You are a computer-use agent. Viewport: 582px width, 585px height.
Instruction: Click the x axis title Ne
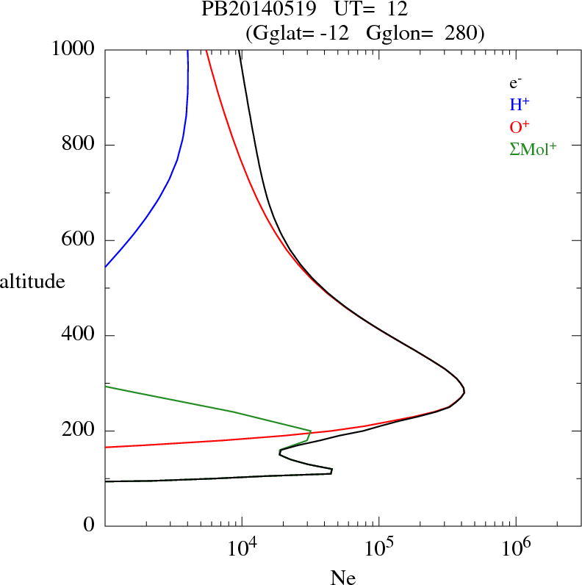[x=342, y=578]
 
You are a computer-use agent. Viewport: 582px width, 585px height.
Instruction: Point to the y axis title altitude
[x=32, y=281]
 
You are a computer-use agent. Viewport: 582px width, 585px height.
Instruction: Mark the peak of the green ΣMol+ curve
[x=311, y=431]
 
